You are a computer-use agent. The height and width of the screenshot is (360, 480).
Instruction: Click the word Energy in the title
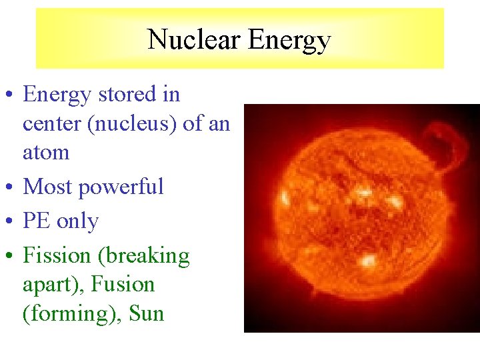(289, 41)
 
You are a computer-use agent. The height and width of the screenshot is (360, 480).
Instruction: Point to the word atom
(46, 152)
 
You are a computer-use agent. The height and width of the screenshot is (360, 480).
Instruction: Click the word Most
(47, 187)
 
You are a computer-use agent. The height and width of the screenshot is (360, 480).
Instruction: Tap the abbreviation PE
(37, 221)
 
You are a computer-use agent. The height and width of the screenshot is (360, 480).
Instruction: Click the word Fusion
(123, 285)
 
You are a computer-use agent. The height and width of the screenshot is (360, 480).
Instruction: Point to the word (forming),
(67, 313)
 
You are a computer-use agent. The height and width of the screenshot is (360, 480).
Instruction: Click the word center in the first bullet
(51, 124)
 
